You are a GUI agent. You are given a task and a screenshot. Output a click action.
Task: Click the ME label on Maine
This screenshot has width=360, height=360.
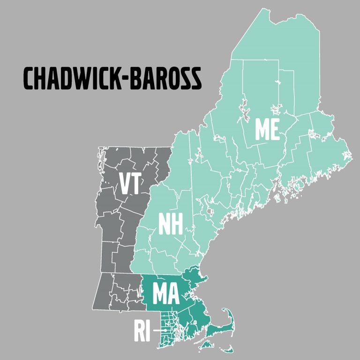click(267, 129)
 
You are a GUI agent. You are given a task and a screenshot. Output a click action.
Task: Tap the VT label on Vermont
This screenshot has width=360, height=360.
click(130, 184)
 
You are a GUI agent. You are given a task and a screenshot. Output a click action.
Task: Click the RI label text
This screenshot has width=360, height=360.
click(142, 331)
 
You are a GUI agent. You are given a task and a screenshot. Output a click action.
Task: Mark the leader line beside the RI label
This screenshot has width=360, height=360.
click(161, 331)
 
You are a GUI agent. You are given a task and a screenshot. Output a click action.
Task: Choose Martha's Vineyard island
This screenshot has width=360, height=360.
click(206, 345)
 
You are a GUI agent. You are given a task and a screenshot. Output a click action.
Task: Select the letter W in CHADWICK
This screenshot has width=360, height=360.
click(89, 78)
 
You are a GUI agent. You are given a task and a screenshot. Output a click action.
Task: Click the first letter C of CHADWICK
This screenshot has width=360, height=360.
click(29, 78)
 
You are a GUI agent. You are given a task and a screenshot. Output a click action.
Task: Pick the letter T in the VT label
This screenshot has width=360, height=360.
click(135, 184)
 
